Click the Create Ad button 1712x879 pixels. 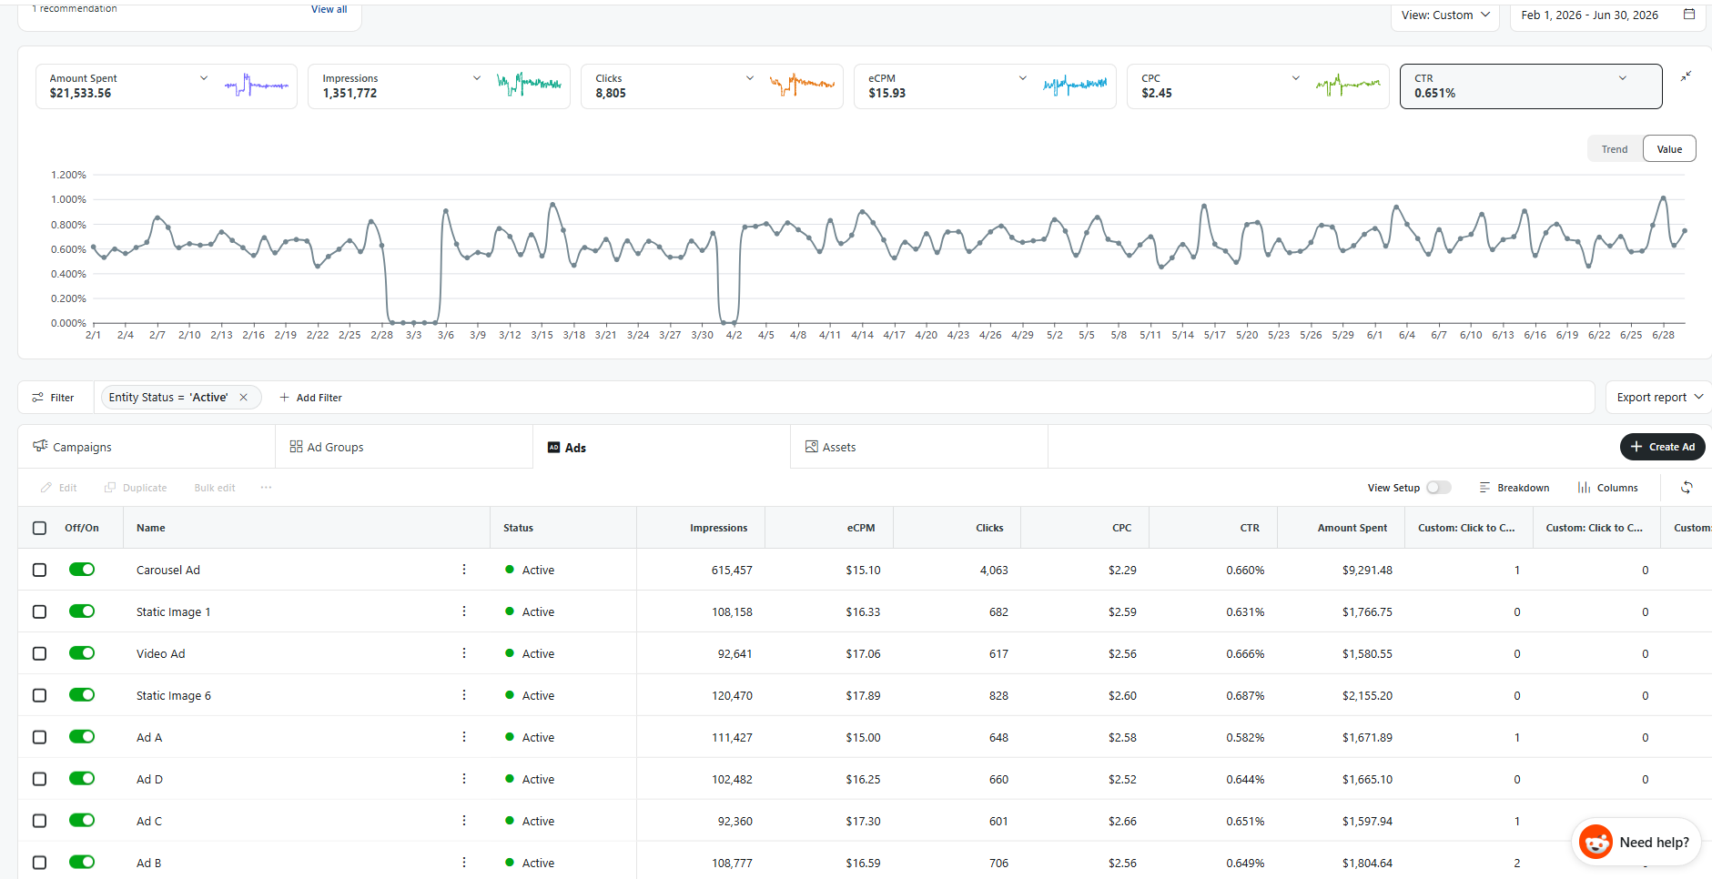[1662, 447]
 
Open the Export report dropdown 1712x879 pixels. [1658, 398]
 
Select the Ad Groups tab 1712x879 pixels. [327, 447]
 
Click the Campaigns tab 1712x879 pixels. [72, 447]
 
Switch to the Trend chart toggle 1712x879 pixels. [1615, 149]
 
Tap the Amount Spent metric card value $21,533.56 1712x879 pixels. [80, 93]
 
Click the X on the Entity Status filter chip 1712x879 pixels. [243, 398]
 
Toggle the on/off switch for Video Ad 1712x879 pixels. [82, 653]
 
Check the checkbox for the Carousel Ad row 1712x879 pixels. [39, 570]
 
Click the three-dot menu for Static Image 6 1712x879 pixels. [464, 695]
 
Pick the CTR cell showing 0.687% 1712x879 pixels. [1245, 695]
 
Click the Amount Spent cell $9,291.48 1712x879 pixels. [1367, 570]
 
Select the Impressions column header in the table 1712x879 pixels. [718, 528]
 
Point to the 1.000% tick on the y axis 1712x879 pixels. [68, 199]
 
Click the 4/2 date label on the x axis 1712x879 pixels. [734, 335]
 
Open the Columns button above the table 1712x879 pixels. [1607, 488]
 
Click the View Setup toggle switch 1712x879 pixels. [1439, 488]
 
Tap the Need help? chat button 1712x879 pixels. [1636, 842]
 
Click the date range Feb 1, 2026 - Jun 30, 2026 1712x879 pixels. [1590, 15]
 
